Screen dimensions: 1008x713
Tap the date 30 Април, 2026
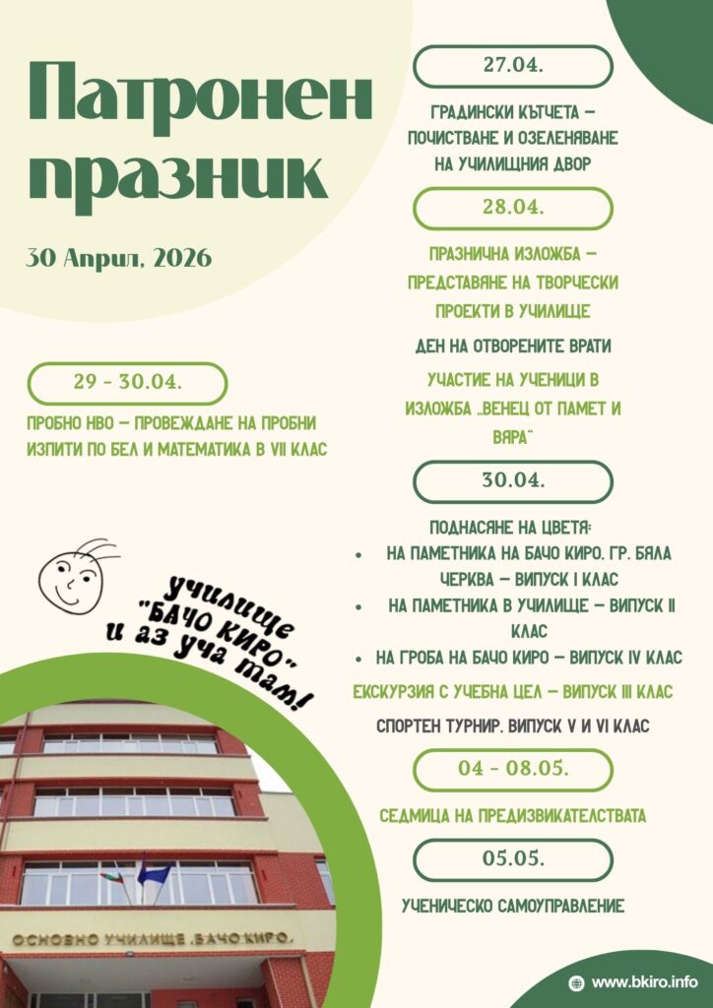click(118, 259)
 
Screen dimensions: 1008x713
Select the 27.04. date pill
click(512, 66)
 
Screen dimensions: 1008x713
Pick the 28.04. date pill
click(512, 209)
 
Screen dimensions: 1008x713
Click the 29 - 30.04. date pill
click(127, 383)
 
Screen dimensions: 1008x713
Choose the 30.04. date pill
click(512, 481)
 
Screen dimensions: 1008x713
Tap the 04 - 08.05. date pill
click(512, 770)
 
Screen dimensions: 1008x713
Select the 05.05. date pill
click(512, 859)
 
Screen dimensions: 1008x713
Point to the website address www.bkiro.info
click(651, 981)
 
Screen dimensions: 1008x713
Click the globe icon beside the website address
click(577, 981)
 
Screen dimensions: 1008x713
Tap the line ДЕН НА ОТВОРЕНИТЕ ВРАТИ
click(512, 346)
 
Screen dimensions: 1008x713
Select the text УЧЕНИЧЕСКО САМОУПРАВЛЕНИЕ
click(512, 906)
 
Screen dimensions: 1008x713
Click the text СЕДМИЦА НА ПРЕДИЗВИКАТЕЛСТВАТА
click(512, 816)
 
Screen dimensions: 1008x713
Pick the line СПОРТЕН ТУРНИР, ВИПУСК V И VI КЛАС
click(512, 726)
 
